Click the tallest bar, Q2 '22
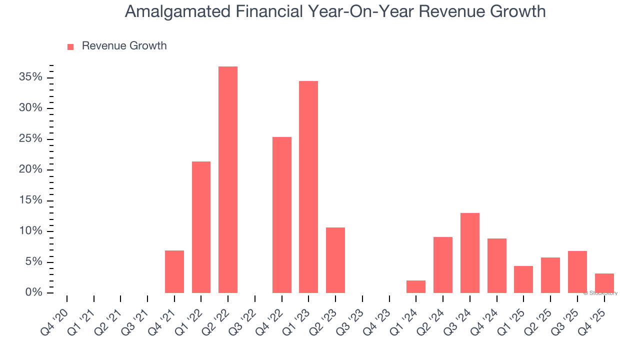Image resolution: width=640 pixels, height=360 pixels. (x=228, y=179)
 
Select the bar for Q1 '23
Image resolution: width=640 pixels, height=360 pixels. (x=308, y=187)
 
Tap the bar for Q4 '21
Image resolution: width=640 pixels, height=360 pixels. (x=174, y=271)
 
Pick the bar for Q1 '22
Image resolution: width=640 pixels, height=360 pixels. (x=201, y=227)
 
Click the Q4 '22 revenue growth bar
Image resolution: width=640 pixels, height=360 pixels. (x=282, y=215)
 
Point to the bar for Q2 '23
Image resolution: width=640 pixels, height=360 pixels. (x=335, y=260)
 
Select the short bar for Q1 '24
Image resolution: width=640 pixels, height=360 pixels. (x=416, y=286)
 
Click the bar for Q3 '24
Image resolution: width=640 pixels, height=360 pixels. (x=470, y=253)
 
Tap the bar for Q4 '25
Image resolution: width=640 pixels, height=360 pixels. (x=604, y=283)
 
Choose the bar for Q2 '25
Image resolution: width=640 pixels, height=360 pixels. (x=550, y=275)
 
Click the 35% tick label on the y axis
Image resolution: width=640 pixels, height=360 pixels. (x=30, y=77)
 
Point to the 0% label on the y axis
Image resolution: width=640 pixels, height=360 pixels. (x=33, y=292)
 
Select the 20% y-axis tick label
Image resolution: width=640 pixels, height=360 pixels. (x=30, y=169)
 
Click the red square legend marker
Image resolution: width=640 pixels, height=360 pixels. (x=70, y=46)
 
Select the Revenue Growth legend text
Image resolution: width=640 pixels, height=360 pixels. (x=124, y=46)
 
